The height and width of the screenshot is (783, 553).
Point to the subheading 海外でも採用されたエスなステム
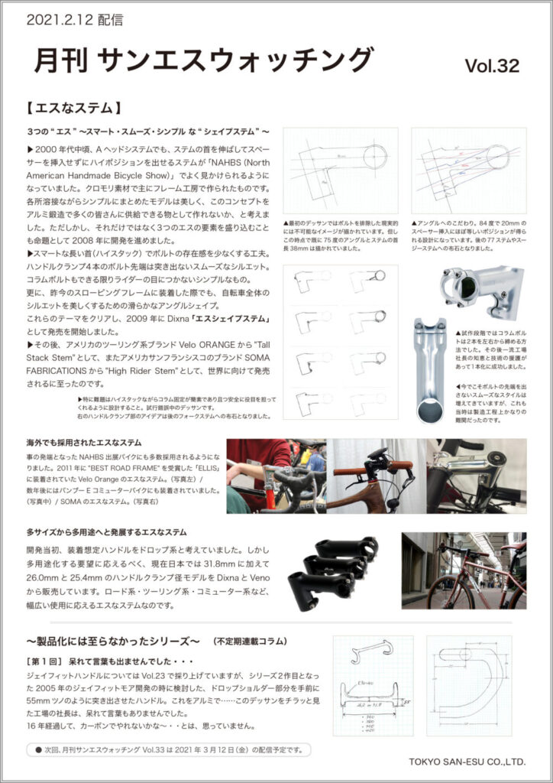tap(84, 442)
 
